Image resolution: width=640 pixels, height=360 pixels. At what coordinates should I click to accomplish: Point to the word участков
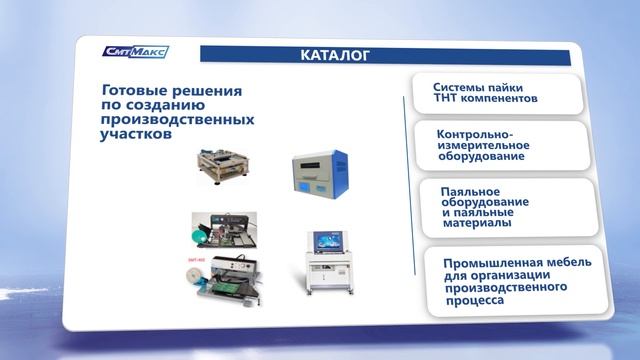[136, 135]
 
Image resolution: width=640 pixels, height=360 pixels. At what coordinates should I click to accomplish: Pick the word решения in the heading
[211, 89]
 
